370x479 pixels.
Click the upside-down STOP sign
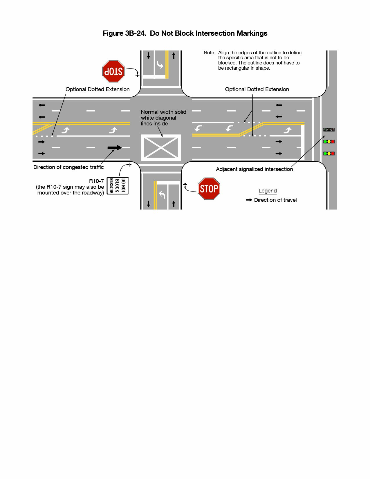click(113, 71)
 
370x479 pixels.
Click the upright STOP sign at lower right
click(209, 189)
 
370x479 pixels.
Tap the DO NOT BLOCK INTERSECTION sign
click(118, 186)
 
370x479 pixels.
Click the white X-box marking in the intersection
click(161, 147)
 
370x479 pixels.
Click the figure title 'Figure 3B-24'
click(124, 33)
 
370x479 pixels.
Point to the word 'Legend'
click(268, 191)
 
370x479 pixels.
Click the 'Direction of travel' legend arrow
click(249, 200)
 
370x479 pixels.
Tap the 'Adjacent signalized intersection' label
click(254, 169)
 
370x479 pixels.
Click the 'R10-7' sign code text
click(96, 181)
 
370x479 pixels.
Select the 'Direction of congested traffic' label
click(68, 167)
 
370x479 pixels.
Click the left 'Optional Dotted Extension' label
click(98, 89)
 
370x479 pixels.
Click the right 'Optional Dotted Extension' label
click(257, 89)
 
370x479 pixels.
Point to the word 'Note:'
click(209, 53)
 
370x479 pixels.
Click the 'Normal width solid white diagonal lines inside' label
click(163, 118)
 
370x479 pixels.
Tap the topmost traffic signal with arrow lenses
click(329, 130)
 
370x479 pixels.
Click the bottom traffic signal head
click(329, 154)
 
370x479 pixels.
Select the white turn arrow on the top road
click(160, 65)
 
